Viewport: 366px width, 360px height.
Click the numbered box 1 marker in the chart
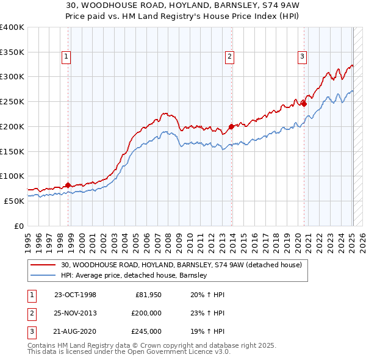66,57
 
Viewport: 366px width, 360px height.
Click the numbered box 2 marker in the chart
229,57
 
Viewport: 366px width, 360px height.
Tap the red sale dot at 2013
232,127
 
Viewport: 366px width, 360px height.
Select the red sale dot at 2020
304,104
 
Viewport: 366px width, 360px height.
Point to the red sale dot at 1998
68,185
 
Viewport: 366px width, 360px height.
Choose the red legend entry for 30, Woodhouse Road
181,265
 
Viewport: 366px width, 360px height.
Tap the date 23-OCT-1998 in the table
75,295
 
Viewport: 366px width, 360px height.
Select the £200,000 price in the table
146,313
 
